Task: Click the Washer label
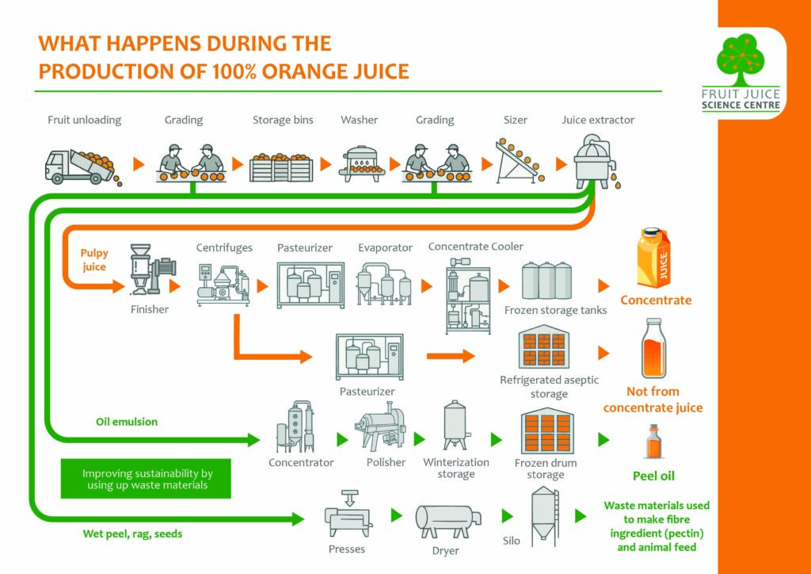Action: [359, 120]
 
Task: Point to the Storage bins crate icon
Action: [282, 166]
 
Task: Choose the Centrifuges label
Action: [224, 248]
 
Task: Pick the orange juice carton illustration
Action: [653, 258]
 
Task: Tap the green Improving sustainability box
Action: [146, 479]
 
